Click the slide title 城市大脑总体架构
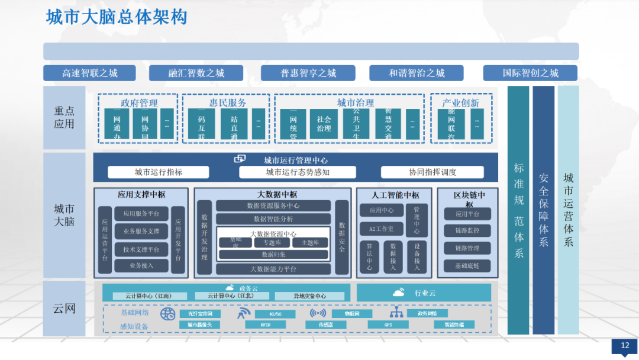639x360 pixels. tap(117, 17)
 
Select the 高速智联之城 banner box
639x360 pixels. tap(89, 73)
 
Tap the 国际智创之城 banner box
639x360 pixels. tap(530, 73)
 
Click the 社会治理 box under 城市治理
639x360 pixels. tap(324, 124)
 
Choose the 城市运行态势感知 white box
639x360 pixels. tap(298, 172)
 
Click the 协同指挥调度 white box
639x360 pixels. tap(433, 172)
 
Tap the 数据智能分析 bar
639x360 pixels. tap(273, 219)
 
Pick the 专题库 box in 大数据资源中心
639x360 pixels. tap(276, 243)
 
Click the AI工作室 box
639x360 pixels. tap(382, 229)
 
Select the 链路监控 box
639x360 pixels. tap(467, 230)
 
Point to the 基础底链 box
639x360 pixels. tap(467, 266)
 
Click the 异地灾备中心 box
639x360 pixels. tap(309, 296)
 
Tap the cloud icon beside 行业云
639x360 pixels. tap(398, 292)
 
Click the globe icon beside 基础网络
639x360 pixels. tap(167, 314)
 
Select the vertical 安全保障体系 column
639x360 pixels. tap(544, 210)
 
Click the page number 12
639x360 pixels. tap(625, 346)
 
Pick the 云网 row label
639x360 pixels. tap(64, 308)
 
